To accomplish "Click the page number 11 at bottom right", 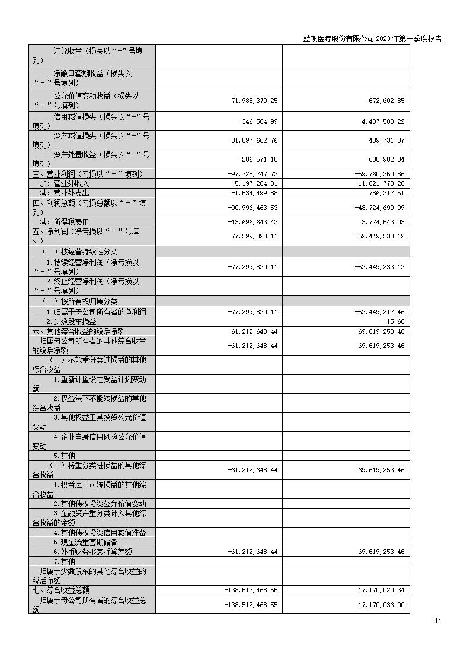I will (x=437, y=621).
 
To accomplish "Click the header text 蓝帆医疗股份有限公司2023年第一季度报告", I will (x=372, y=38).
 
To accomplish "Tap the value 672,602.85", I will (x=385, y=101).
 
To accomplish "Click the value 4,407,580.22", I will (x=382, y=121).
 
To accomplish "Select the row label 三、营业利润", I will (x=88, y=174).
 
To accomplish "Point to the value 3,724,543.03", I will (x=382, y=222).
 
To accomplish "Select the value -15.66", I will (x=394, y=321).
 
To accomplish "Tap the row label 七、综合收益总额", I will (x=61, y=590).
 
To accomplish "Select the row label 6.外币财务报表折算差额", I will (x=92, y=552).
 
